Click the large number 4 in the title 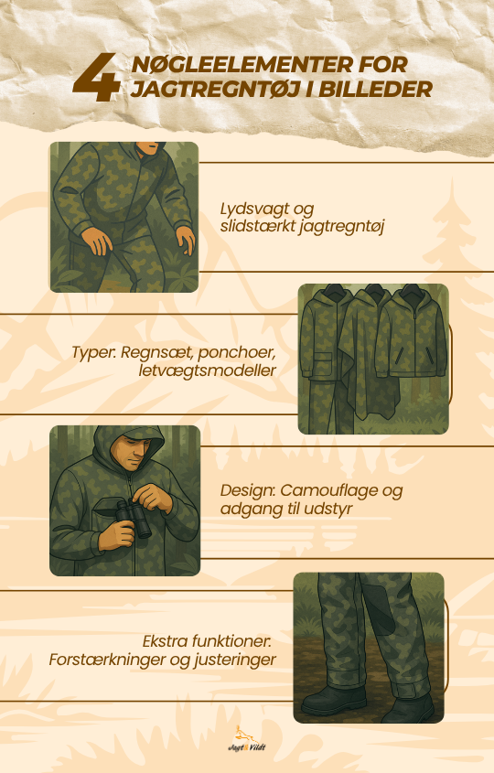(x=96, y=78)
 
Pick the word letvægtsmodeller (x=207, y=370)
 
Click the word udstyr (x=328, y=509)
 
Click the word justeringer (x=235, y=660)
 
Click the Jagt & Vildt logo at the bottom (x=246, y=738)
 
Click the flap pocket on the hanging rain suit (x=318, y=364)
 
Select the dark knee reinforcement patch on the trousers (x=379, y=606)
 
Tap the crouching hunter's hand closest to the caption (x=187, y=240)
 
